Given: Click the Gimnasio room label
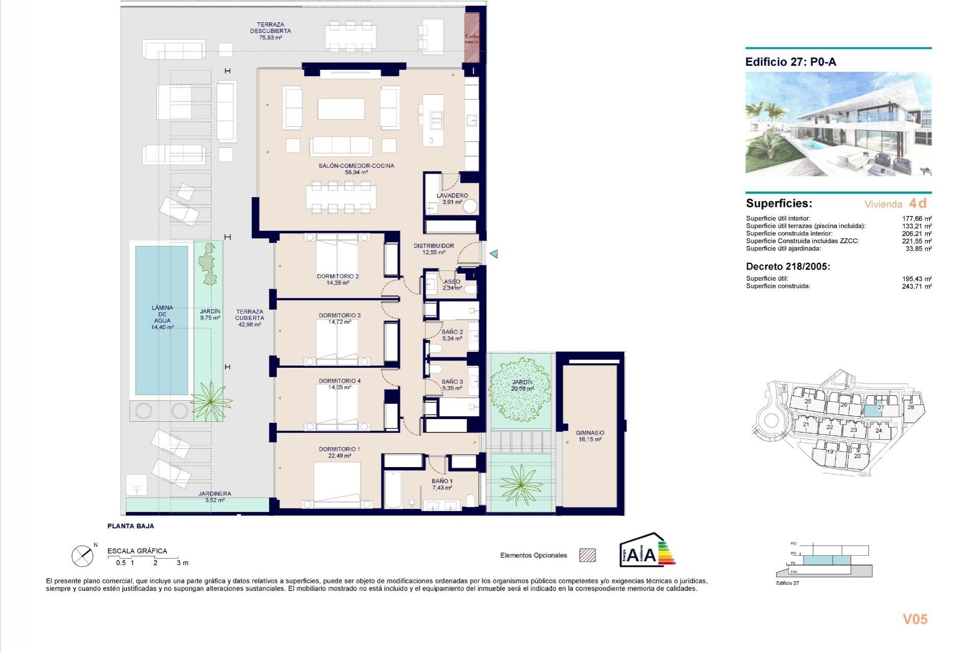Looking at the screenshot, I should pyautogui.click(x=590, y=436).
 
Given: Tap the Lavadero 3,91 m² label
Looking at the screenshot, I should pyautogui.click(x=452, y=199).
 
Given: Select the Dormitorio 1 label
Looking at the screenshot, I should pyautogui.click(x=339, y=452).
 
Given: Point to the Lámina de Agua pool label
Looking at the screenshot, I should pyautogui.click(x=162, y=317).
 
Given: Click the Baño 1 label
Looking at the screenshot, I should pyautogui.click(x=442, y=484).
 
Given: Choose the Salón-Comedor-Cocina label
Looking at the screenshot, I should pyautogui.click(x=356, y=169).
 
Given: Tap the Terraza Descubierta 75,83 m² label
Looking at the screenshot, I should pyautogui.click(x=270, y=31).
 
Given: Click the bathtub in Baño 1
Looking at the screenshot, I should pyautogui.click(x=393, y=490).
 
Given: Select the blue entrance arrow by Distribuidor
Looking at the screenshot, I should pyautogui.click(x=493, y=254).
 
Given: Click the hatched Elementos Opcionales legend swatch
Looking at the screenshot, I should pyautogui.click(x=587, y=555).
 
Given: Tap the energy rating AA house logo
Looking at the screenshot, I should pyautogui.click(x=646, y=550).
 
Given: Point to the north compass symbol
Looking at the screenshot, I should pyautogui.click(x=83, y=556).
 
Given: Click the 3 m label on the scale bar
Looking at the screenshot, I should pyautogui.click(x=182, y=563).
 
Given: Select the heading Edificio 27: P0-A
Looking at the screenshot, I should pyautogui.click(x=790, y=62).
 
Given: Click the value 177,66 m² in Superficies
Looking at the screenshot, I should pyautogui.click(x=917, y=219).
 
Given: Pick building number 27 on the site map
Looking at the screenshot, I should pyautogui.click(x=881, y=407).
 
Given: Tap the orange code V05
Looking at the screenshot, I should pyautogui.click(x=915, y=619).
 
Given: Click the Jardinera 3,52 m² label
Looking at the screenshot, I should pyautogui.click(x=214, y=497).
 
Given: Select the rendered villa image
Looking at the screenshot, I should pyautogui.click(x=838, y=124).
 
